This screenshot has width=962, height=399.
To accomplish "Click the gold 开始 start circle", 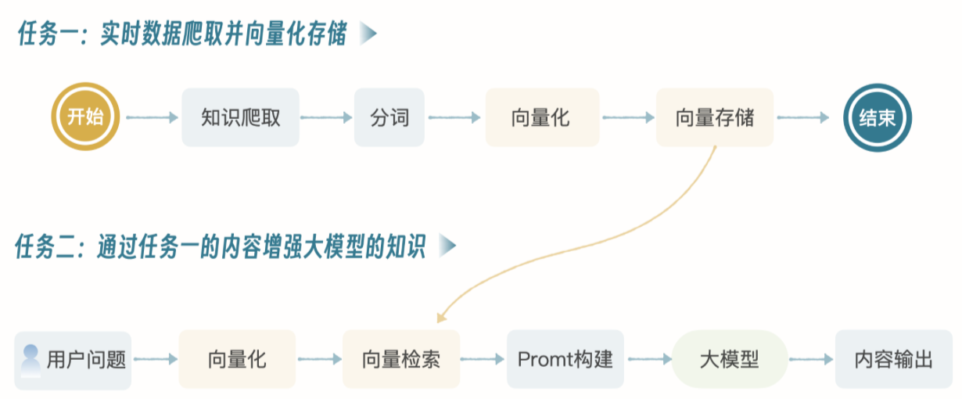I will click(x=85, y=117).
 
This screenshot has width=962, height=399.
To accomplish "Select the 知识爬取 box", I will click(x=240, y=117).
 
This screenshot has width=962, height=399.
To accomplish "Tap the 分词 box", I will click(x=389, y=117).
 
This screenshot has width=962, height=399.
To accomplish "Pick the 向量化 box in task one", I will click(x=541, y=117).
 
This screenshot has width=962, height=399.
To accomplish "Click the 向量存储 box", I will click(x=714, y=117).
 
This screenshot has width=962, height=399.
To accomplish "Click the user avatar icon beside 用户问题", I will click(x=31, y=360).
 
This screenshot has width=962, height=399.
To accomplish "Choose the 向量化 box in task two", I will click(x=237, y=360).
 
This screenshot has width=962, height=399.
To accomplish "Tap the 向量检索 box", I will click(x=400, y=360).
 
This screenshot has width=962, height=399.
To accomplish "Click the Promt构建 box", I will click(x=565, y=360).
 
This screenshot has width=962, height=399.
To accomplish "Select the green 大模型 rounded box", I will click(x=729, y=360).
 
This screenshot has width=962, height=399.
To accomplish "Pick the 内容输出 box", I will click(x=893, y=360).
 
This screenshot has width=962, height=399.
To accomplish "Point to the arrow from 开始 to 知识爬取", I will click(x=153, y=117).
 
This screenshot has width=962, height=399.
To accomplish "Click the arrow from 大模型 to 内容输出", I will click(x=811, y=360).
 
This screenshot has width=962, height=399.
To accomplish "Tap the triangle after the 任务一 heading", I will click(x=368, y=34).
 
